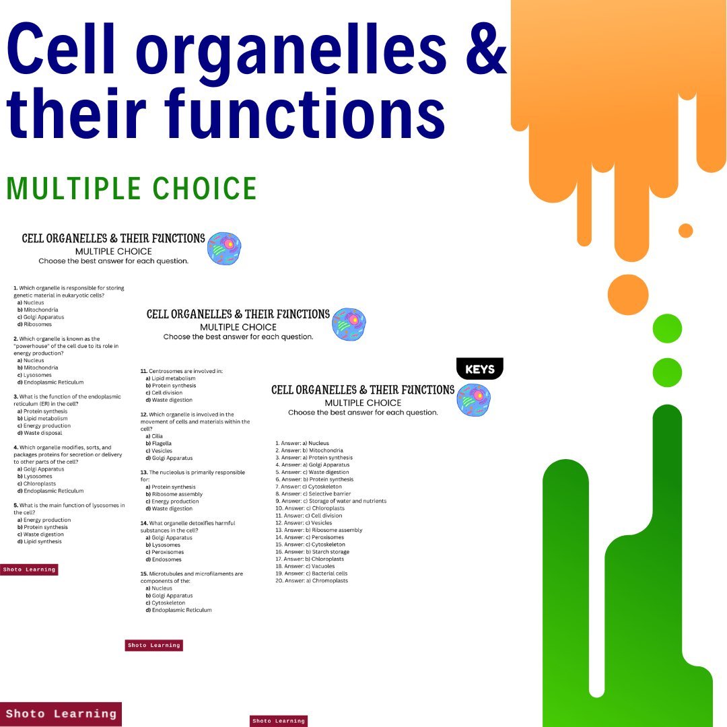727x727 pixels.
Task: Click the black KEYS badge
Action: pos(479,369)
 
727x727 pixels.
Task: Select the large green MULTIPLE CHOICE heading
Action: pos(132,189)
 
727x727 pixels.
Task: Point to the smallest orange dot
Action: pos(685,230)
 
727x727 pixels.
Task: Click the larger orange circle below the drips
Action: pos(627,295)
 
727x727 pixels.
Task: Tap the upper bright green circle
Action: pos(667,328)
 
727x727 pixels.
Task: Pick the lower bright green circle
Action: pos(667,372)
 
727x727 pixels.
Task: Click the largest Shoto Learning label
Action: pos(61,714)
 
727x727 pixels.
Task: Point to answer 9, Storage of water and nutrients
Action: pos(331,501)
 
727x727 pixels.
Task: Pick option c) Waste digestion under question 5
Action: pos(42,534)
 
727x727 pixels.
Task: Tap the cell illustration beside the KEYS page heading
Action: pos(474,400)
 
